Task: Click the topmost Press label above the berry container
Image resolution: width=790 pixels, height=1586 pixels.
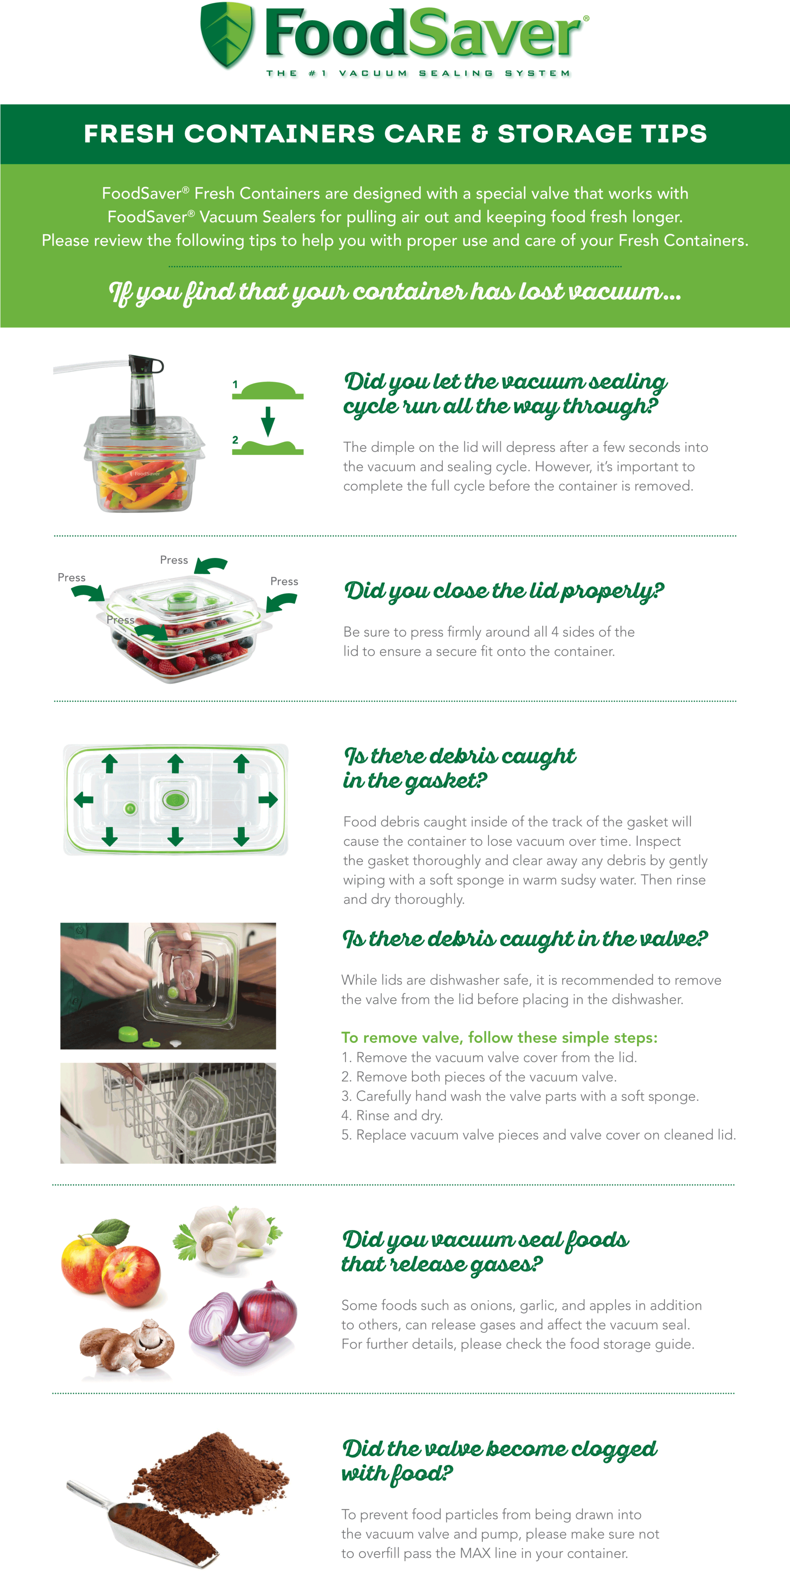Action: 174,560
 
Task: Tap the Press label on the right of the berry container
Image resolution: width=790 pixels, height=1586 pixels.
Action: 284,581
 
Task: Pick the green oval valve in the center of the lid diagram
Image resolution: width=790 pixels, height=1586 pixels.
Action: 175,799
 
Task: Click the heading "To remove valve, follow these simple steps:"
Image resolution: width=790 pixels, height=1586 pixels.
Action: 499,1038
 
